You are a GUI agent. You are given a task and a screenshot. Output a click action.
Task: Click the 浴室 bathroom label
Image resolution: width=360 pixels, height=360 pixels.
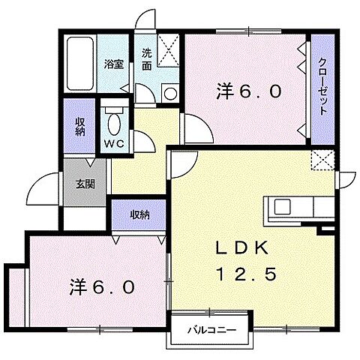coord(114,64)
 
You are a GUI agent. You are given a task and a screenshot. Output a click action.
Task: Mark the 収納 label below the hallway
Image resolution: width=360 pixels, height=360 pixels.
coord(140,214)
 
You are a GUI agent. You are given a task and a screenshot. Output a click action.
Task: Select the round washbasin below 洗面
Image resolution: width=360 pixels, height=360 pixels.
coord(169,93)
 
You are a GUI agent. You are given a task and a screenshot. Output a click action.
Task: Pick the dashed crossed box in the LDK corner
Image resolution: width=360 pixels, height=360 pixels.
coord(323,160)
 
